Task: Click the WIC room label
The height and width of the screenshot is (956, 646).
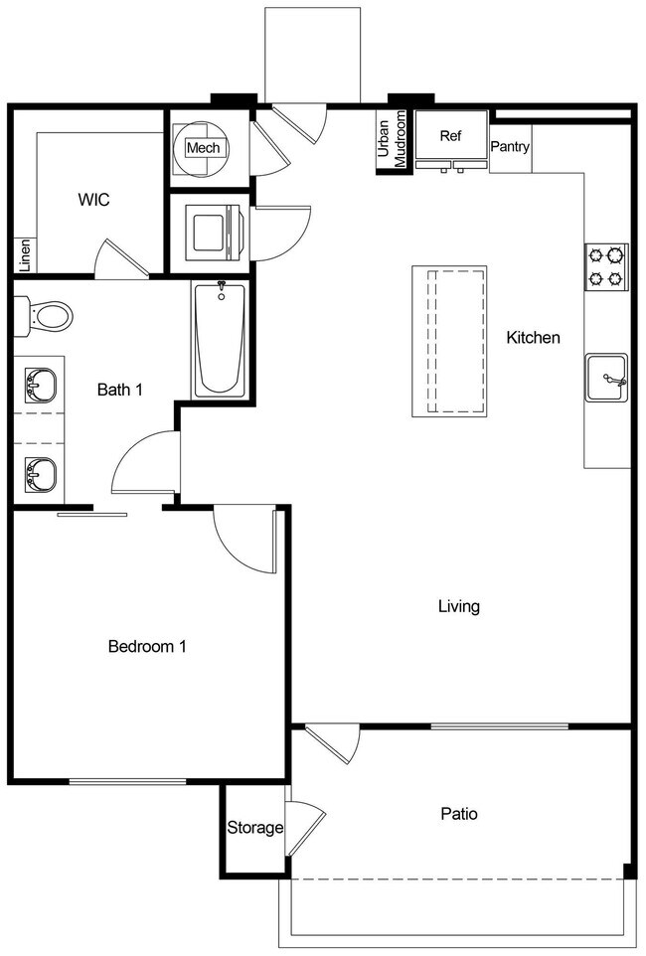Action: coord(94,200)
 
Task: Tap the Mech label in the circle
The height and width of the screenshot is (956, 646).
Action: coord(203,149)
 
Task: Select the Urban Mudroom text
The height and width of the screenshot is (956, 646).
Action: coord(392,140)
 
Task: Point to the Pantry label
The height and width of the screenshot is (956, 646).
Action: coord(510,147)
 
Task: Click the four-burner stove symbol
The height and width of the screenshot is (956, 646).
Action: coord(606,266)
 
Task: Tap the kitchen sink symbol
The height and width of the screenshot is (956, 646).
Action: coord(606,377)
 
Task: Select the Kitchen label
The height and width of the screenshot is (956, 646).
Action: coord(533,338)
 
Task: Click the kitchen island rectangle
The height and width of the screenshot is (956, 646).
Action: coord(449,342)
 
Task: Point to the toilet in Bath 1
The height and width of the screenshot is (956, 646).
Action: coord(46,316)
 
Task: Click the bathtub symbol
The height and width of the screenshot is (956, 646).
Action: coord(220,339)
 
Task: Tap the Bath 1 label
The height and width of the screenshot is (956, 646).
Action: coord(119,390)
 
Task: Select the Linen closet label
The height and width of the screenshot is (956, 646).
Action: coord(25,255)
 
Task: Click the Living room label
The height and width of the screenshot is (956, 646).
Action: coord(459,606)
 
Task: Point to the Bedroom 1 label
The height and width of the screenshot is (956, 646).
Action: coord(147,647)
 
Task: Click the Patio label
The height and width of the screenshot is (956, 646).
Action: coord(459,814)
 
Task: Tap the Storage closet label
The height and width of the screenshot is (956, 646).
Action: coord(255,828)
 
